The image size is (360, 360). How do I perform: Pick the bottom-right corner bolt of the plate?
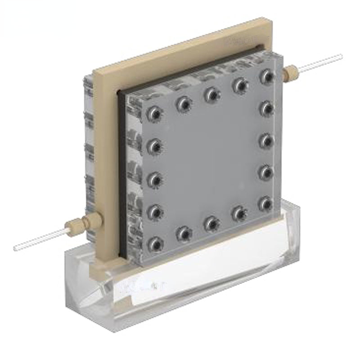pos(266,203)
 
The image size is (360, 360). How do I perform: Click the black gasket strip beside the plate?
pos(121,180)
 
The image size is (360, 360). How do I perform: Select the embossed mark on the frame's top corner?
pos(237,41)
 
